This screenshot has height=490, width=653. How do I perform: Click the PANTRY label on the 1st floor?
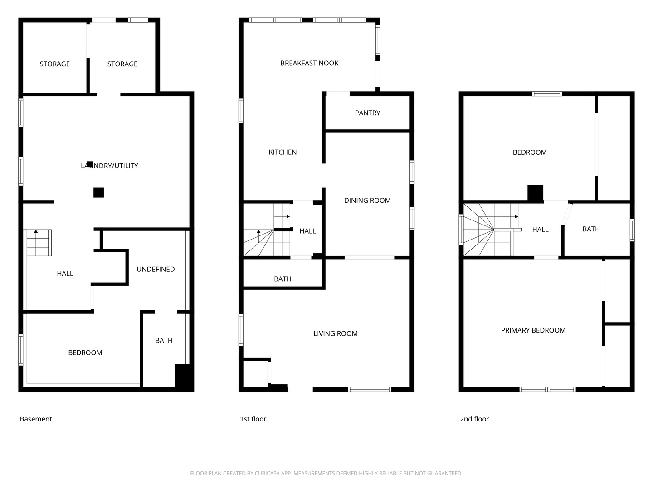pyautogui.click(x=367, y=113)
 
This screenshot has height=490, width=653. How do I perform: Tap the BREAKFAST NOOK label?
pyautogui.click(x=309, y=63)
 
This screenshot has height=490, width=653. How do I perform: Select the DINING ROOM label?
pyautogui.click(x=367, y=201)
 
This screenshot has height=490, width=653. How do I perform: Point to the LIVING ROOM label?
pyautogui.click(x=336, y=333)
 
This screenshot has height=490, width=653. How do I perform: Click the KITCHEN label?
pyautogui.click(x=283, y=152)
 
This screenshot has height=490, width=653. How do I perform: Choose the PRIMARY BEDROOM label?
pyautogui.click(x=533, y=330)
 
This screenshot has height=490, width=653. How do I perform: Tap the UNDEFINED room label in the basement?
pyautogui.click(x=156, y=269)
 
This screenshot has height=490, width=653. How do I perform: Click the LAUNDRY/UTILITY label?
pyautogui.click(x=109, y=166)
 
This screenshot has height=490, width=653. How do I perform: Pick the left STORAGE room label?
pyautogui.click(x=55, y=64)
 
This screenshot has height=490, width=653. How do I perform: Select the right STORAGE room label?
pyautogui.click(x=122, y=64)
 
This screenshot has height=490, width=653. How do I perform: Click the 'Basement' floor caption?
pyautogui.click(x=36, y=419)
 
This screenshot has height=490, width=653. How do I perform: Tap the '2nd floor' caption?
pyautogui.click(x=474, y=419)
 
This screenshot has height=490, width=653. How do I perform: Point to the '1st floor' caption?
pyautogui.click(x=253, y=419)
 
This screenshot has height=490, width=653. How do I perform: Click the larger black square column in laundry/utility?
pyautogui.click(x=99, y=192)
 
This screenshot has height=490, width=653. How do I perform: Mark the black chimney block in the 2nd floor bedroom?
pyautogui.click(x=536, y=193)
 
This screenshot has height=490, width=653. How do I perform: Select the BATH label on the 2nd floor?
pyautogui.click(x=591, y=229)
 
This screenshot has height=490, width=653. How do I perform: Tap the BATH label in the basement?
pyautogui.click(x=164, y=340)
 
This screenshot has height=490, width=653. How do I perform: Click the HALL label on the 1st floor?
pyautogui.click(x=307, y=231)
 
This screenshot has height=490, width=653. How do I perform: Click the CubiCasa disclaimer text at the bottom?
pyautogui.click(x=326, y=473)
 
